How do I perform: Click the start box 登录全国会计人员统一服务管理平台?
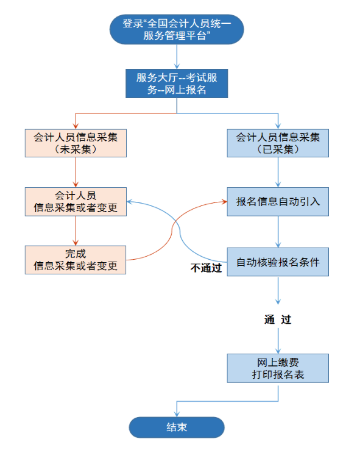(x=176, y=30)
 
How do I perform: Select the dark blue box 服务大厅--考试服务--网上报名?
(x=176, y=84)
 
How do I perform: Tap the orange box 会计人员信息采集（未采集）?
(x=76, y=143)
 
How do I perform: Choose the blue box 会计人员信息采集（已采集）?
(x=278, y=143)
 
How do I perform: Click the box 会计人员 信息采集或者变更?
(x=76, y=201)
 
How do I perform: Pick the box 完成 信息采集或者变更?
(x=76, y=260)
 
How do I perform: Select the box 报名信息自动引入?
(x=278, y=201)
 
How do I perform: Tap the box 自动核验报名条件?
(x=278, y=262)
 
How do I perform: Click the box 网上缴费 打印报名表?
(x=278, y=368)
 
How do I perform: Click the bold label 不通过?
(x=205, y=267)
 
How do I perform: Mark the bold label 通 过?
(x=277, y=319)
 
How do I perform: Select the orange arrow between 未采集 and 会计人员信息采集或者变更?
(x=76, y=172)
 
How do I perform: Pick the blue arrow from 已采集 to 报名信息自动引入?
(x=278, y=172)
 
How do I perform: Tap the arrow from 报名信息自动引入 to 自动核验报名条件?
(x=278, y=232)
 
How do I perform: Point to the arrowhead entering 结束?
(x=176, y=413)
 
